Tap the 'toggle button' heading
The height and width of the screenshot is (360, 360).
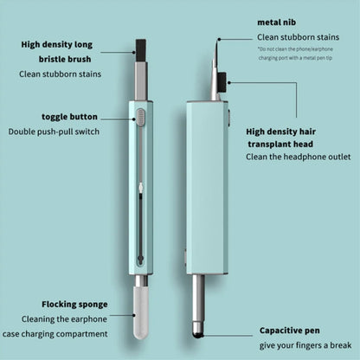68,116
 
